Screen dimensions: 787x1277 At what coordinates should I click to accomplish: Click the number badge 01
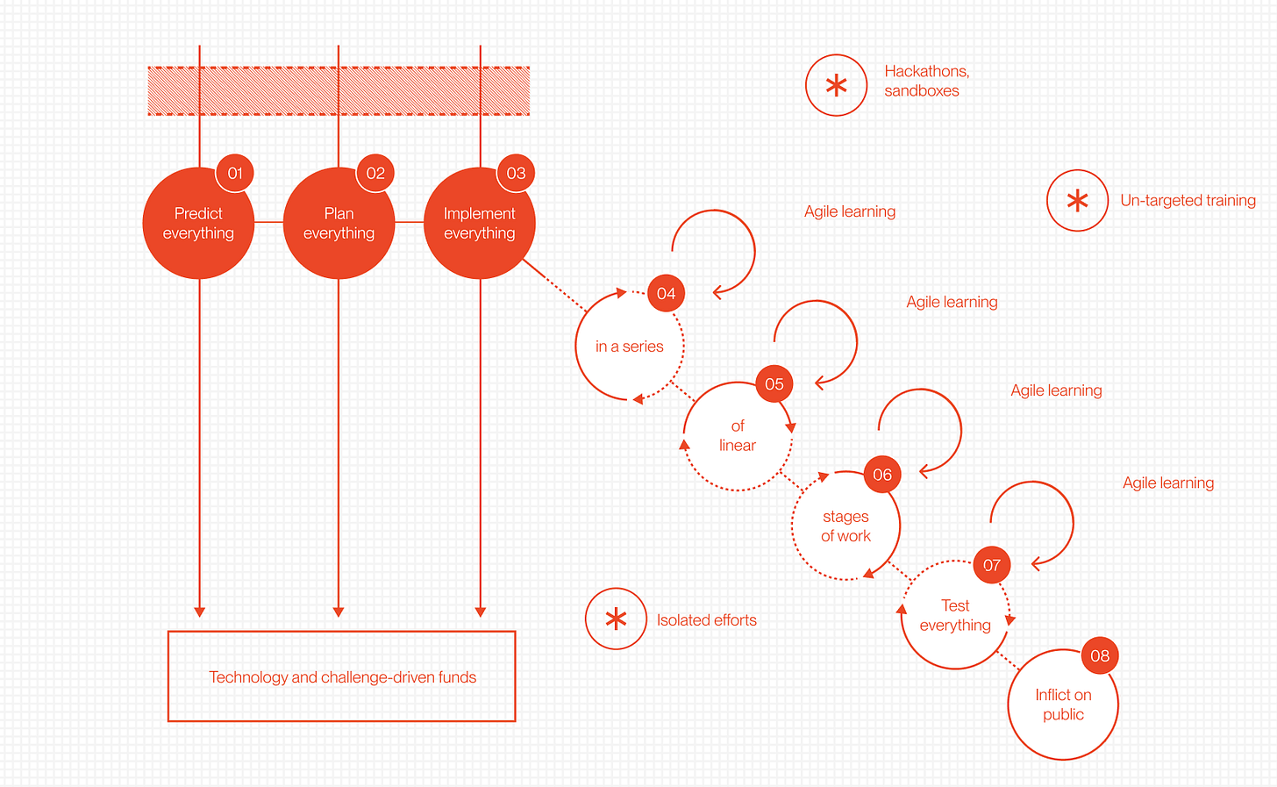coord(235,173)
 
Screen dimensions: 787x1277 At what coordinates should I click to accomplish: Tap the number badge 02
coord(375,173)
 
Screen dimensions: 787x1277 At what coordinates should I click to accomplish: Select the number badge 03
coord(516,173)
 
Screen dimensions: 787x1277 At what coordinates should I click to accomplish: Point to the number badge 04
coord(666,293)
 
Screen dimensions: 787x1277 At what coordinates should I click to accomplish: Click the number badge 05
coord(774,383)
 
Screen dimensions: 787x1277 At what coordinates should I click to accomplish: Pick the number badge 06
coord(882,475)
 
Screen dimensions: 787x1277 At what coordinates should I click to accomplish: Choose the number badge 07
coord(992,565)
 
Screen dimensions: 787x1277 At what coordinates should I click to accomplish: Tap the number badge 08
coord(1100,655)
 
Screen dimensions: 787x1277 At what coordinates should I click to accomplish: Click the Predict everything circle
coord(198,224)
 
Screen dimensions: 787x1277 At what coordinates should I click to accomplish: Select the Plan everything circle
coord(339,224)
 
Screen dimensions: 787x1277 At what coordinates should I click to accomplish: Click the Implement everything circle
coord(479,224)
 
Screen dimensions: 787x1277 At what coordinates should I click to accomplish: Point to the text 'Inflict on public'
coord(1063,705)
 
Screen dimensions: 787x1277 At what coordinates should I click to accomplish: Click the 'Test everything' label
coord(955,615)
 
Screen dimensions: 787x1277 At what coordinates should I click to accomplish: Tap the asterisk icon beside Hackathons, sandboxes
coord(837,85)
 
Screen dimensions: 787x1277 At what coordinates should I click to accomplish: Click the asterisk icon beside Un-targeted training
coord(1078,201)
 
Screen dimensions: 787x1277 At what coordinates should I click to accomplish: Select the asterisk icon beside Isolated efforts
coord(617,619)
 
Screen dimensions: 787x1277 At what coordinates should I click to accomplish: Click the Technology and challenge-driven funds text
coord(342,677)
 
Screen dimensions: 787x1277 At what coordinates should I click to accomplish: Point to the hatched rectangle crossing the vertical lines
coord(339,91)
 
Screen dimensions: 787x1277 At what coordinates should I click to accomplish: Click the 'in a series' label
coord(629,347)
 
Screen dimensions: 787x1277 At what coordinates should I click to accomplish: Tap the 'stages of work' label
coord(845,526)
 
